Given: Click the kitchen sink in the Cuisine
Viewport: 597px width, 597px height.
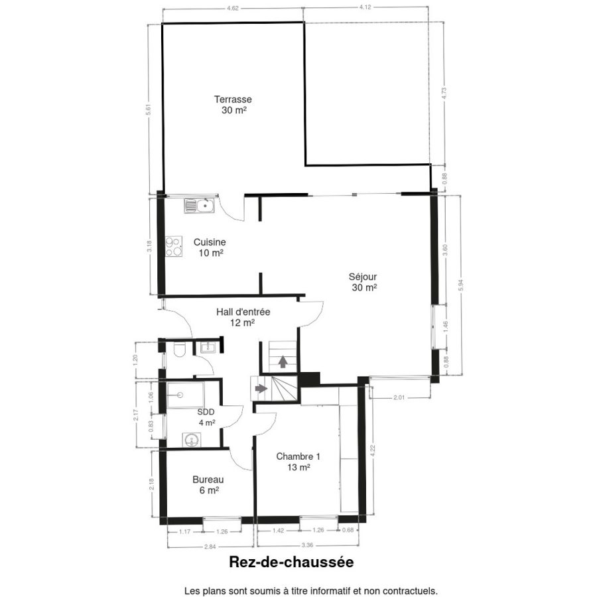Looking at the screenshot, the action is [x=200, y=206].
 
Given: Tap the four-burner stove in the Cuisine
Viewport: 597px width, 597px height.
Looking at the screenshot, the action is [x=174, y=246].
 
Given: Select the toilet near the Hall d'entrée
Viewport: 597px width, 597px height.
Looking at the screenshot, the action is [x=179, y=350].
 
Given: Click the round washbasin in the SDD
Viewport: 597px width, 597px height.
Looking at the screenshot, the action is [x=191, y=440].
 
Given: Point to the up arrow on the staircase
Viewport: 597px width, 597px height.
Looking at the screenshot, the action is [x=283, y=362].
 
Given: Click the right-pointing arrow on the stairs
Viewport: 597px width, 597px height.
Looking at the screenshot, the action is [x=261, y=388].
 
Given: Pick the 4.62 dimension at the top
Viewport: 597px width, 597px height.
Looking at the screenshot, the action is [x=233, y=8].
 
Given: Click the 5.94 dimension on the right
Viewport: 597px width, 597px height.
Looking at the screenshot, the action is [x=462, y=285].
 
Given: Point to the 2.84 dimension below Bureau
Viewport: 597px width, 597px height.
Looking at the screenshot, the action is [x=210, y=547].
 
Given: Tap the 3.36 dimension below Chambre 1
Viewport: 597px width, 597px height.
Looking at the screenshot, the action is [x=307, y=545].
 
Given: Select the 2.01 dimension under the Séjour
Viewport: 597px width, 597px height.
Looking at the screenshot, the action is [x=399, y=397].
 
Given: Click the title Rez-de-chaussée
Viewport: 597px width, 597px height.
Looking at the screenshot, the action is [x=291, y=562].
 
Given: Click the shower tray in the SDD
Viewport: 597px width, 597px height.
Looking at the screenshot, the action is [x=186, y=395].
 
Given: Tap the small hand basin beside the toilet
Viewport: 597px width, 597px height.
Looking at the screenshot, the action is [x=208, y=347].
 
